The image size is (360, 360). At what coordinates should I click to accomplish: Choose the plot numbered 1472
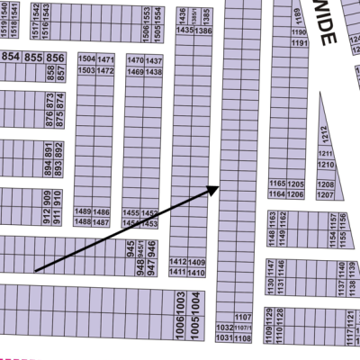tap(105, 70)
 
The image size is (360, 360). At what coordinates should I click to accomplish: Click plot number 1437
tap(153, 59)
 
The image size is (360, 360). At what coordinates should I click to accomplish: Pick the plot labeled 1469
tap(135, 71)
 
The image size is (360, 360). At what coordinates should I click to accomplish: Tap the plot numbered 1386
tap(202, 31)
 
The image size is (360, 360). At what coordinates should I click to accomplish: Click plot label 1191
tap(300, 43)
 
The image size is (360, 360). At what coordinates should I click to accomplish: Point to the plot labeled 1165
tap(276, 184)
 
